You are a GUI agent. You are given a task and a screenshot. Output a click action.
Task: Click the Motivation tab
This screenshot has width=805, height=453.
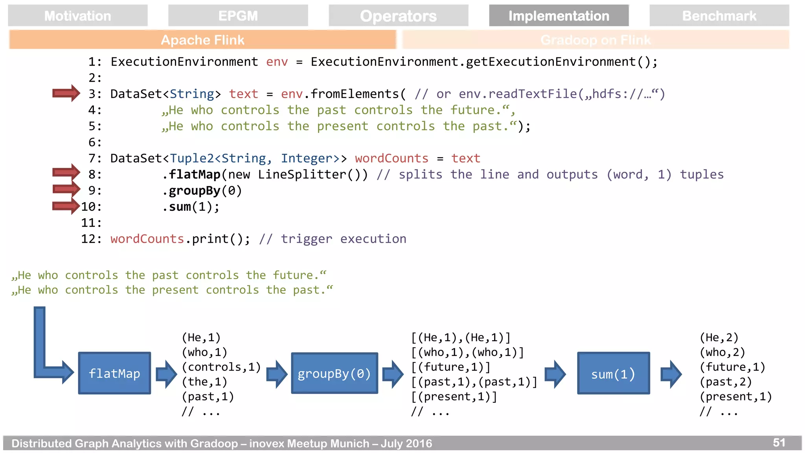point(77,16)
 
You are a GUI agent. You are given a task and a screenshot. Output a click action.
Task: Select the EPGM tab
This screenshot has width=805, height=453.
point(238,16)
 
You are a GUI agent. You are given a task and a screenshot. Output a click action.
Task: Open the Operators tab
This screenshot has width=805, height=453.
point(398,16)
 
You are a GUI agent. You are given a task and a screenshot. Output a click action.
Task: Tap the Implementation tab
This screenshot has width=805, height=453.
point(559,16)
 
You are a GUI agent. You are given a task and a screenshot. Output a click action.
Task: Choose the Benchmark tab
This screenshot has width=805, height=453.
point(719,16)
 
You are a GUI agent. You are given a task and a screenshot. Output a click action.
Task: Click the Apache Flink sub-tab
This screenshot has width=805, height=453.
point(202,40)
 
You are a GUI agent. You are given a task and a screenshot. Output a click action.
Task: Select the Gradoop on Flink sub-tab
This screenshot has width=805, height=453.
point(595,40)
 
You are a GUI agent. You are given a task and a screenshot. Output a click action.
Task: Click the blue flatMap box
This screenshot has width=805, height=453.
point(114,373)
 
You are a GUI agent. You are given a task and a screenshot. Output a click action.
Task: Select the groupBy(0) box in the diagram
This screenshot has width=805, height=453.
point(334,373)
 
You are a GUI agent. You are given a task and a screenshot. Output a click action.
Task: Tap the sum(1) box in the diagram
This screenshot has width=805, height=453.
point(613,374)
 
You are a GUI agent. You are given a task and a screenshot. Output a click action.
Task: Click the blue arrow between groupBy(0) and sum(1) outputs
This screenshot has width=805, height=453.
point(555,374)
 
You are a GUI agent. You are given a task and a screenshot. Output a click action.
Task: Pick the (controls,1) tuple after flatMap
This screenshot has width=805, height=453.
point(221,367)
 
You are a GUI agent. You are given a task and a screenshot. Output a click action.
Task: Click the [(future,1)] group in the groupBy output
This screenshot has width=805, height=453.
point(451,367)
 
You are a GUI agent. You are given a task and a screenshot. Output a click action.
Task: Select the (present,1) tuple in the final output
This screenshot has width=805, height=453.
point(736,396)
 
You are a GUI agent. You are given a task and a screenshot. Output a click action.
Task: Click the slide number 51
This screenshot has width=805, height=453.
point(779,442)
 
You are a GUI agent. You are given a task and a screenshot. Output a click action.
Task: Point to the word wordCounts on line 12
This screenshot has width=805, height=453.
point(147,239)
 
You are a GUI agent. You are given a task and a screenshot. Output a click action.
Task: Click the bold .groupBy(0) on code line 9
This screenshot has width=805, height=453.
point(202,191)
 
